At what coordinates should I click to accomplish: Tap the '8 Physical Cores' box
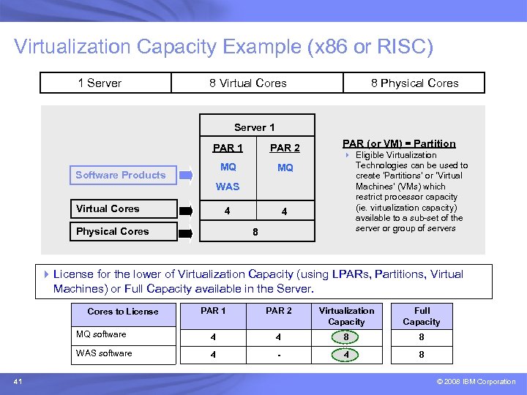point(414,83)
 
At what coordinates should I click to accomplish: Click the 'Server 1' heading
point(255,127)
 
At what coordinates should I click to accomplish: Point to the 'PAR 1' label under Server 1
point(228,148)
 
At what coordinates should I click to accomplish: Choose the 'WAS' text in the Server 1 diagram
point(228,187)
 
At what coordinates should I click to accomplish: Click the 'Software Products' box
point(120,175)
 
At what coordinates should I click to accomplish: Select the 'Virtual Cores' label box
point(124,209)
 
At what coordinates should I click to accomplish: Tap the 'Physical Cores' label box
point(124,232)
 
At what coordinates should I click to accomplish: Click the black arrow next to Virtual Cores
point(187,211)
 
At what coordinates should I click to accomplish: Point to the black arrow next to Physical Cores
point(187,233)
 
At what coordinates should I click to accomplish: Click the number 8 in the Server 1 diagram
point(255,231)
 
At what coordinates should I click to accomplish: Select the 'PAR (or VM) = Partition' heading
point(399,143)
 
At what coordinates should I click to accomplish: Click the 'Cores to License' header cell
point(123,312)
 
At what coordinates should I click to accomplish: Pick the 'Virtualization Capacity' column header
point(346,316)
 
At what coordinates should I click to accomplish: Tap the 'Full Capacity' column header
point(422,316)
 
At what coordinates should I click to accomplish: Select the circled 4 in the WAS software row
point(346,355)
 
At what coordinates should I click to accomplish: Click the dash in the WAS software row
point(278,355)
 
